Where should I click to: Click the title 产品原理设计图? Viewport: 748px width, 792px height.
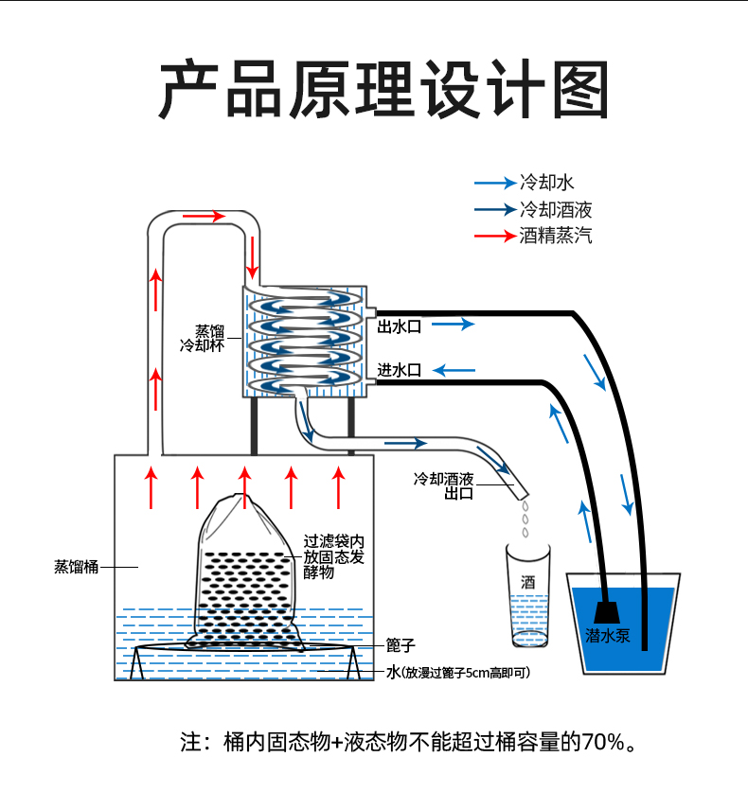point(384,89)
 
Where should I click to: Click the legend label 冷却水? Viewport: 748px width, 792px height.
point(547,183)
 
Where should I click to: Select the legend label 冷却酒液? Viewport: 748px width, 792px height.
point(556,209)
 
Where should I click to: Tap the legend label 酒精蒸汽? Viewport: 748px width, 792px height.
point(556,236)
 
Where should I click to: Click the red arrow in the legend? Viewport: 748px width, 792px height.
point(495,236)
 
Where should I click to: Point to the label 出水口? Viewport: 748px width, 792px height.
point(400,326)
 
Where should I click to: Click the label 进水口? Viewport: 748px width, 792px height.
point(400,370)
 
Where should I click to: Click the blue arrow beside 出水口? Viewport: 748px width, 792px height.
point(454,324)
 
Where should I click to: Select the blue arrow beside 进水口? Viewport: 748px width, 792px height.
point(454,371)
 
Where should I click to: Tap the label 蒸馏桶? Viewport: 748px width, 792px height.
point(77,567)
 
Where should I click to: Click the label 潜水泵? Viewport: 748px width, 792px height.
point(608,636)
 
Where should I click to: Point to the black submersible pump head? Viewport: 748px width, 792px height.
point(607,612)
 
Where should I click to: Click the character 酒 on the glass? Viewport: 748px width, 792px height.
point(528,582)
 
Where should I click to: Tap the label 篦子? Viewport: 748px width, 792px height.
point(401,645)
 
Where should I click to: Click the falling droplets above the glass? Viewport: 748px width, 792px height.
point(525,519)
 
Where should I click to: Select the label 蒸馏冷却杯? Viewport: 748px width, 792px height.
point(203,338)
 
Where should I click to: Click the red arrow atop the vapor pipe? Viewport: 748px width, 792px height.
point(205,217)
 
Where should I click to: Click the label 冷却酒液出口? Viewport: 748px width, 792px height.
point(444,485)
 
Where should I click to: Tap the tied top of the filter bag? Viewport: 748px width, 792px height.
point(236,500)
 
